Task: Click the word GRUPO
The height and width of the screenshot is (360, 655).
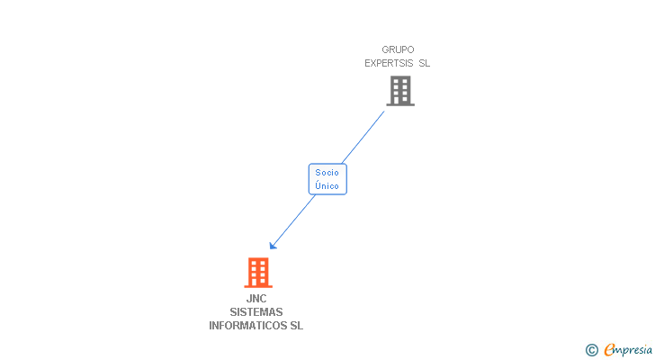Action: (398, 49)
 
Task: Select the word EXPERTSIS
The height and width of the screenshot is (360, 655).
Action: (389, 63)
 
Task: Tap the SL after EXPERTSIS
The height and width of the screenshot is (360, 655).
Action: (425, 63)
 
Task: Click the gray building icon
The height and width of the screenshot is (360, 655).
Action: (400, 90)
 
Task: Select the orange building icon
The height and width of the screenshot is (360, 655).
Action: (258, 272)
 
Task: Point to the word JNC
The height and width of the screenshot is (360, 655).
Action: (256, 299)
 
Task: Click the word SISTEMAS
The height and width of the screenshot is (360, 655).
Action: (256, 312)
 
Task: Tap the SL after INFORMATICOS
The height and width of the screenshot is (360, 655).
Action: (296, 326)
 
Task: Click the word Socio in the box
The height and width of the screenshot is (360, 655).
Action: (327, 172)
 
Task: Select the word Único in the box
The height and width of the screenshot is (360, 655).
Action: (327, 185)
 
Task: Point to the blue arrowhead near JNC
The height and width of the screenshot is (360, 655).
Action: (273, 246)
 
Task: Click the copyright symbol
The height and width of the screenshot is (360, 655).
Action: (592, 350)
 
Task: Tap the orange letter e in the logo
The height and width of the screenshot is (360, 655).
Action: (609, 350)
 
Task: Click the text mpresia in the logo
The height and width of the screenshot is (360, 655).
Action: (633, 350)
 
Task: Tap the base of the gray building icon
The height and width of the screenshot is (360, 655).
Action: (400, 104)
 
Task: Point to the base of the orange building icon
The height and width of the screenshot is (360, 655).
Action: (258, 286)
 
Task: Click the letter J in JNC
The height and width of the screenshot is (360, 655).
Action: (249, 299)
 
